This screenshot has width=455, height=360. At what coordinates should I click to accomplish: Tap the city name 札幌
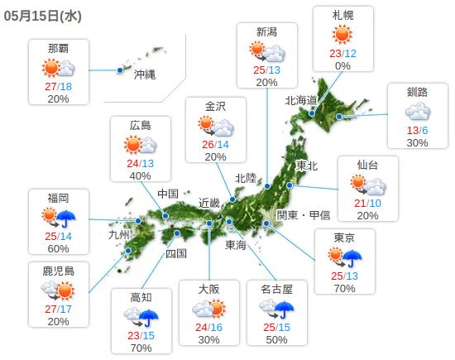pyautogui.click(x=342, y=15)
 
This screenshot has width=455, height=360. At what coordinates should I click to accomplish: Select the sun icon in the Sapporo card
pyautogui.click(x=342, y=34)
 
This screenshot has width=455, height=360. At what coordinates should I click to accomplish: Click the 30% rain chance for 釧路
pyautogui.click(x=417, y=142)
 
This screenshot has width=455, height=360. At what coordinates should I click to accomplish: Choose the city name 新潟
pyautogui.click(x=266, y=32)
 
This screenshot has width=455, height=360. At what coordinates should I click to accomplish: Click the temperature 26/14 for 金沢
pyautogui.click(x=215, y=144)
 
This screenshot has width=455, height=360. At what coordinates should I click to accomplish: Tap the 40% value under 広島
pyautogui.click(x=140, y=175)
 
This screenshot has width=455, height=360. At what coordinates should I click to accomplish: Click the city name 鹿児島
pyautogui.click(x=58, y=271)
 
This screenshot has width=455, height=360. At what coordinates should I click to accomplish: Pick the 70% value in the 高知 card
pyautogui.click(x=140, y=348)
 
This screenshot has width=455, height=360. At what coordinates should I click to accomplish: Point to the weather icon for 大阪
pyautogui.click(x=208, y=310)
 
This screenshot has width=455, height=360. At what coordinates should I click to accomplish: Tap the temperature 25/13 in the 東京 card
pyautogui.click(x=344, y=276)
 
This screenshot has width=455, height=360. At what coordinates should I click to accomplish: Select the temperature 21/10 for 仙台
pyautogui.click(x=367, y=204)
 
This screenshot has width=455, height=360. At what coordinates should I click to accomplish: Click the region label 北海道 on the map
pyautogui.click(x=301, y=101)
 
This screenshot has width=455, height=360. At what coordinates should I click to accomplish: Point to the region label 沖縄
pyautogui.click(x=145, y=74)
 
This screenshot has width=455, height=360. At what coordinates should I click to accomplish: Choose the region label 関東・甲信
pyautogui.click(x=303, y=215)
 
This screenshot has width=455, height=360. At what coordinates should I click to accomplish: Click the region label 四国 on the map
pyautogui.click(x=175, y=253)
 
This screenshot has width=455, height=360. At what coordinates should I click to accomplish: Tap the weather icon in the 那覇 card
pyautogui.click(x=58, y=69)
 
